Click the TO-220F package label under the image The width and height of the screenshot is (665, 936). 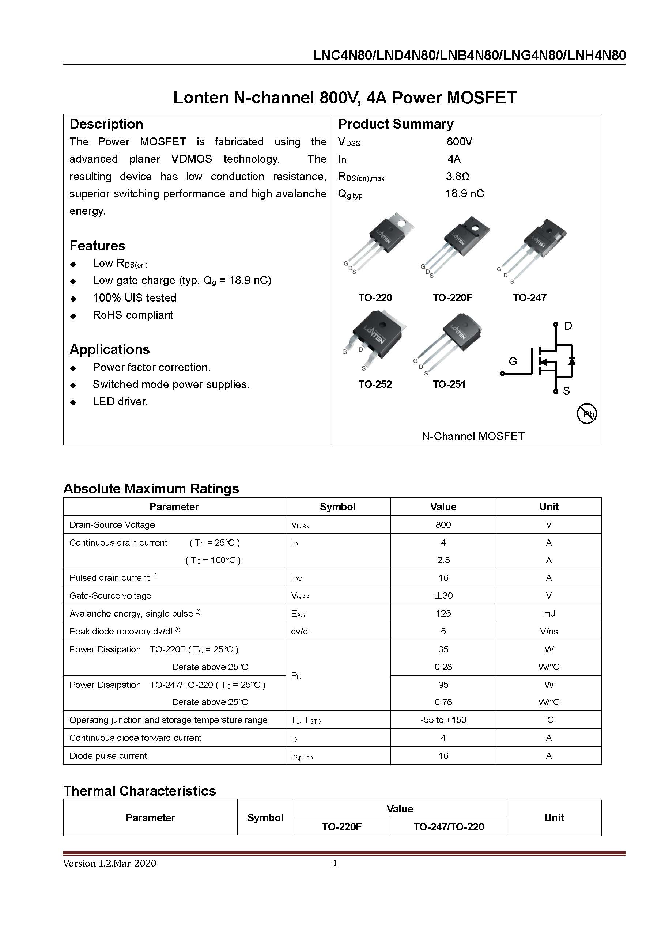pyautogui.click(x=452, y=298)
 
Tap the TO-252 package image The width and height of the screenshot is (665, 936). pyautogui.click(x=374, y=338)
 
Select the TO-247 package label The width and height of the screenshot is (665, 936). pyautogui.click(x=529, y=298)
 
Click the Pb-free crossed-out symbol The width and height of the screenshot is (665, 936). pyautogui.click(x=586, y=414)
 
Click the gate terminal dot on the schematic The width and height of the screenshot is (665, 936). pyautogui.click(x=502, y=373)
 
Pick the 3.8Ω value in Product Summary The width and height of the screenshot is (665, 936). pyautogui.click(x=457, y=177)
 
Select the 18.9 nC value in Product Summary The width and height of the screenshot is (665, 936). pyautogui.click(x=464, y=194)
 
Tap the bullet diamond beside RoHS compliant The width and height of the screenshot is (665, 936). pyautogui.click(x=73, y=315)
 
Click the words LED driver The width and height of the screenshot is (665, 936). pyautogui.click(x=120, y=402)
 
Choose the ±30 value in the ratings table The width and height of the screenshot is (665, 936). pyautogui.click(x=443, y=595)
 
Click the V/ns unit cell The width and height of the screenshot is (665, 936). pyautogui.click(x=549, y=632)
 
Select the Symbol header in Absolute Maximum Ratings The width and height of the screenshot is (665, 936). pyautogui.click(x=337, y=507)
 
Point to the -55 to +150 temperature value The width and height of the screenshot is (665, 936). pyautogui.click(x=443, y=720)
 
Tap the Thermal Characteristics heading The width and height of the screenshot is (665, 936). pyautogui.click(x=140, y=791)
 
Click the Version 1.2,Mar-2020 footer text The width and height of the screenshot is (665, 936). pyautogui.click(x=109, y=863)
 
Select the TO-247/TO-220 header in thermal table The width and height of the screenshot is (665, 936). pyautogui.click(x=448, y=827)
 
